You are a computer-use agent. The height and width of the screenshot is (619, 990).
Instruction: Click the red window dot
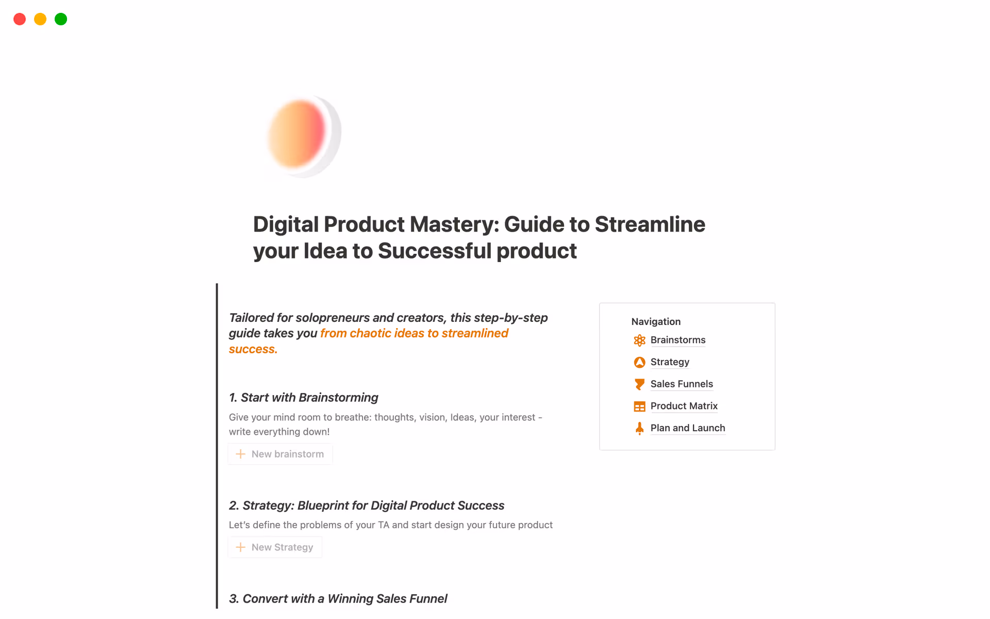tap(20, 19)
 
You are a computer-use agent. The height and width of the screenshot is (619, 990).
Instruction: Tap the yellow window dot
tap(40, 19)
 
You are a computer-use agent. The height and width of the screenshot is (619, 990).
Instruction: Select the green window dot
tap(61, 19)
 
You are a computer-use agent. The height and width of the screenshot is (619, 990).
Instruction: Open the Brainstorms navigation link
tap(678, 340)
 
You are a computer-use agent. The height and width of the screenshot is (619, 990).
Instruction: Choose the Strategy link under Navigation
tap(670, 362)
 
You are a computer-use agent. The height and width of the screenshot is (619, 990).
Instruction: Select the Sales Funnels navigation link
tap(682, 384)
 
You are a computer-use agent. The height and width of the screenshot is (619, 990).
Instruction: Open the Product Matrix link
tap(684, 406)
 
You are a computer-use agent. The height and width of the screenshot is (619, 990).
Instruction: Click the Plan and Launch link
tap(687, 428)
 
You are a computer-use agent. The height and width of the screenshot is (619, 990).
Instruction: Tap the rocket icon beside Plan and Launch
tap(639, 429)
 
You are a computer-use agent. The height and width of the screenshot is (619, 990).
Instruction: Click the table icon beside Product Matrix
tap(639, 406)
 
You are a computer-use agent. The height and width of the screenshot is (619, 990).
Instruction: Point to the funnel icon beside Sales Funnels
tap(639, 384)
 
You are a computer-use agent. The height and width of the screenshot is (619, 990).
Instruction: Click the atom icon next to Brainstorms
tap(639, 340)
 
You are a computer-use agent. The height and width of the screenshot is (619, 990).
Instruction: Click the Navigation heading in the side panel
tap(656, 321)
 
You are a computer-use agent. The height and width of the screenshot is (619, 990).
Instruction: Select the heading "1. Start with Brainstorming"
tap(304, 398)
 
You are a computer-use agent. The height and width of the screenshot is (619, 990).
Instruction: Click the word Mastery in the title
tap(454, 224)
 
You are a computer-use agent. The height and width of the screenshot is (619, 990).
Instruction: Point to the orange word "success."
tap(253, 349)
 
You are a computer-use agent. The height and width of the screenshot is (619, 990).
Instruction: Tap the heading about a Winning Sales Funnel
tap(338, 599)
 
